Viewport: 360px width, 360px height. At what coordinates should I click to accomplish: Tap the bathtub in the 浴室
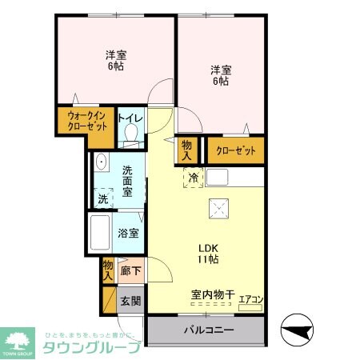(101, 233)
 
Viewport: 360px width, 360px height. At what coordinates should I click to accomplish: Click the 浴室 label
(129, 234)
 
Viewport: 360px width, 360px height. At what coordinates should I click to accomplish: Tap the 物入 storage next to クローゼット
(187, 150)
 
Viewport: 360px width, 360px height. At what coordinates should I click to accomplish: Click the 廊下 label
(129, 272)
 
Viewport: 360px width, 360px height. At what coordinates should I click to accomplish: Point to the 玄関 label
(130, 301)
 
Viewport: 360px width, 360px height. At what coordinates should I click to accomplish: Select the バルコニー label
(206, 330)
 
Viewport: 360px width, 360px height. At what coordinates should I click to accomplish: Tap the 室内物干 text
(212, 294)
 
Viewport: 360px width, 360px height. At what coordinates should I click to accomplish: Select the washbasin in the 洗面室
(101, 163)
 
